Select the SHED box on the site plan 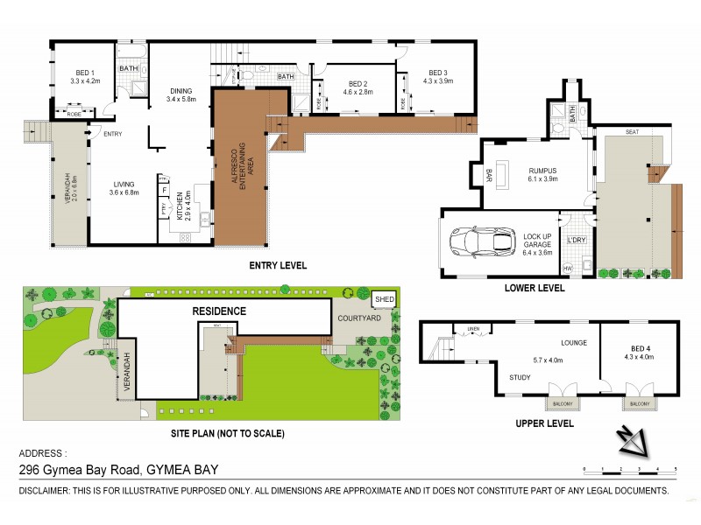384,299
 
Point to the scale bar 628,471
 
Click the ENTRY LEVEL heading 278,265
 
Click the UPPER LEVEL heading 545,423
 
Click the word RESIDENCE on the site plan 220,311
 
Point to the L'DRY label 576,240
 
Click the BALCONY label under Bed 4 637,405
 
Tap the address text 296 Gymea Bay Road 119,470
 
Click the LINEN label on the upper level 473,329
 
